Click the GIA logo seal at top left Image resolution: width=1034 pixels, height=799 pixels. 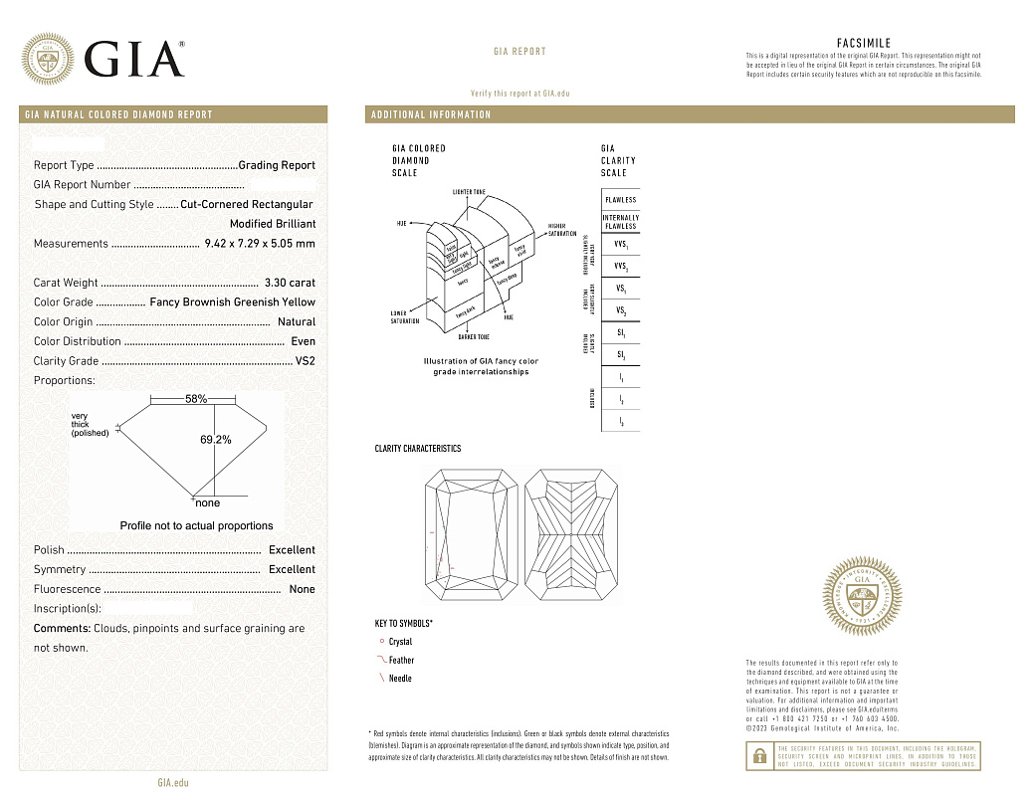48,59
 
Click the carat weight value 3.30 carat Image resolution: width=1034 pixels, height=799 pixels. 290,283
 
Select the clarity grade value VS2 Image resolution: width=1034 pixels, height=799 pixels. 305,361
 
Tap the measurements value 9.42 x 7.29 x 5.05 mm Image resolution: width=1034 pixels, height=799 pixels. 260,244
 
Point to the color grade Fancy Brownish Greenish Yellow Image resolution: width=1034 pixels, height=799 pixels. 232,302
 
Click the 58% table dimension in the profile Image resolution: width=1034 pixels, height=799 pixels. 196,399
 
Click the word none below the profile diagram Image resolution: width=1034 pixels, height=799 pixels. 208,503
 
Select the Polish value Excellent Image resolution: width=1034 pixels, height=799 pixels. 292,550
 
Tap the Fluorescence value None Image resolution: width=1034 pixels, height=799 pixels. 301,590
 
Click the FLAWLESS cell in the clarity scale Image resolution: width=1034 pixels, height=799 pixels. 620,200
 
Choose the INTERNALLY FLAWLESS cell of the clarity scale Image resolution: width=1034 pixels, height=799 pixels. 620,222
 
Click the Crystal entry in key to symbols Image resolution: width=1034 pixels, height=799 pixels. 399,642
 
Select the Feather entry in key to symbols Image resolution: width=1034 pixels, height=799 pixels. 401,661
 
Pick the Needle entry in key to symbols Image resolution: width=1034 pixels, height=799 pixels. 399,679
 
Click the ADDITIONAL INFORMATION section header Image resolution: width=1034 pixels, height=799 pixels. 431,114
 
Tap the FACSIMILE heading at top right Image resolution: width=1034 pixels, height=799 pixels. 864,44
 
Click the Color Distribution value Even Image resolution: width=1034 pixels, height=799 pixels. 303,341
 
